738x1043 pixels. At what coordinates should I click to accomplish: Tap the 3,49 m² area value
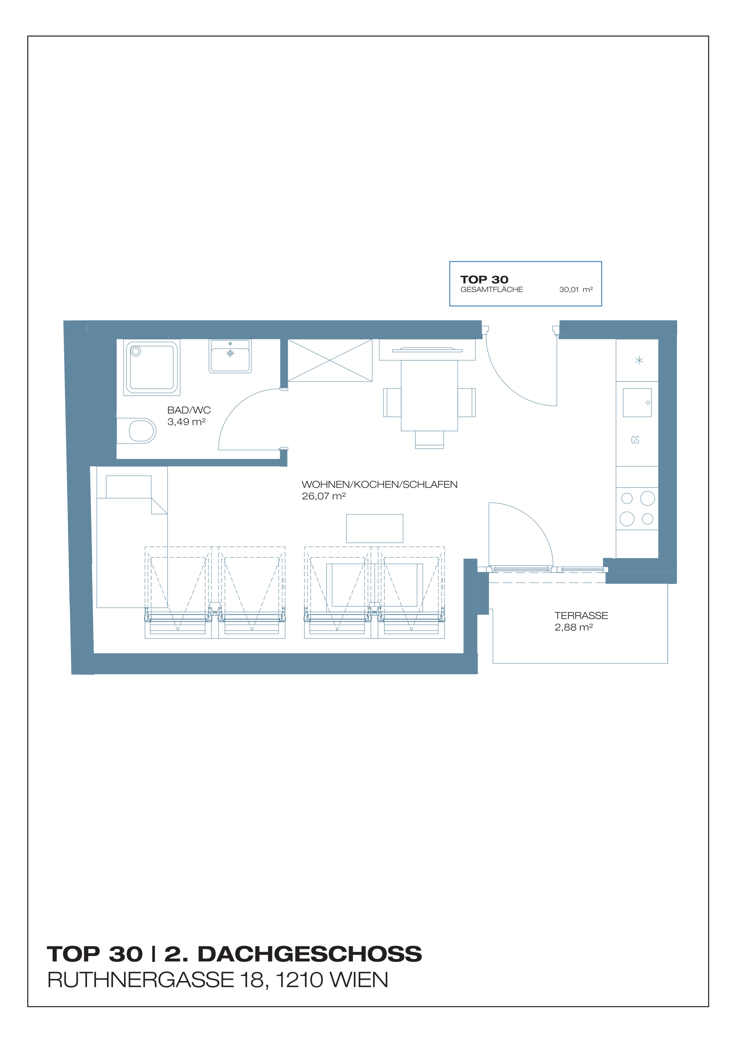(x=186, y=422)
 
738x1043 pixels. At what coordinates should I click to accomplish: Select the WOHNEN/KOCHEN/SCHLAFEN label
(x=380, y=485)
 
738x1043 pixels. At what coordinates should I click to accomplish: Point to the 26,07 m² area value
(x=324, y=496)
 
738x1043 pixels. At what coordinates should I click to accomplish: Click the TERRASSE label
(x=581, y=616)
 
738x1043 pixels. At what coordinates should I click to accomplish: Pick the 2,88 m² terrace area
(x=573, y=627)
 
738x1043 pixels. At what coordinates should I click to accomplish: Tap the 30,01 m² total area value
(x=576, y=289)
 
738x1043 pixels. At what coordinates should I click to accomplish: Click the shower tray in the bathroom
(x=152, y=367)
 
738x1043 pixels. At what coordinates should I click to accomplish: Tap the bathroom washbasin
(x=230, y=357)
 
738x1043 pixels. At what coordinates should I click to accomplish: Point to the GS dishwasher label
(x=635, y=440)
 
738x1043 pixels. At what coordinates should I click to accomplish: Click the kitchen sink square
(x=637, y=403)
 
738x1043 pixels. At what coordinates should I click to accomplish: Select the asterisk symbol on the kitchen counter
(x=639, y=361)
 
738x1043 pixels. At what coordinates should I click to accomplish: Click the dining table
(x=429, y=395)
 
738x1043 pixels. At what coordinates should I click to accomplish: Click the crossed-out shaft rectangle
(x=330, y=360)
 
